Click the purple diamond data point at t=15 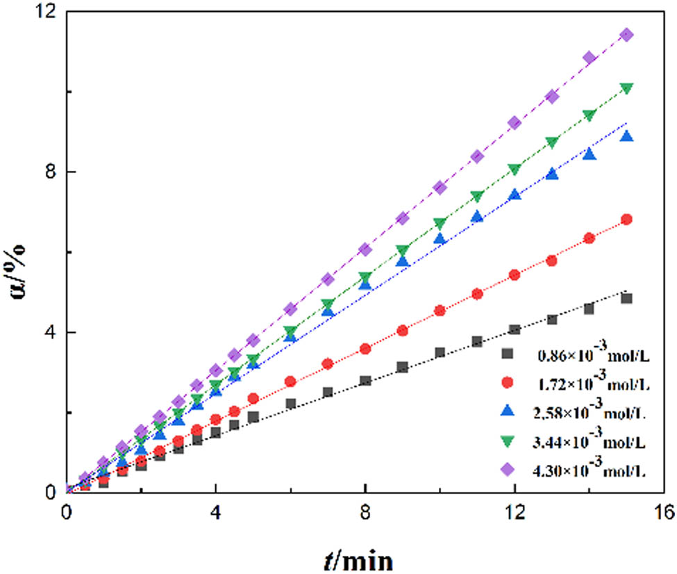pos(626,35)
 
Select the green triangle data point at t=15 pos(626,88)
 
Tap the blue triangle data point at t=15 pos(626,136)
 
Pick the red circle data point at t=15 pos(626,220)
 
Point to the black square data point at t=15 pos(626,298)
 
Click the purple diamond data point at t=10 pos(440,188)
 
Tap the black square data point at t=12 pos(515,329)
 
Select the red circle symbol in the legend pos(508,383)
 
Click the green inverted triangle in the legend pos(508,441)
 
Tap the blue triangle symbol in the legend pos(508,411)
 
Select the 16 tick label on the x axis pos(664,513)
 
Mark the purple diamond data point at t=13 pos(552,97)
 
